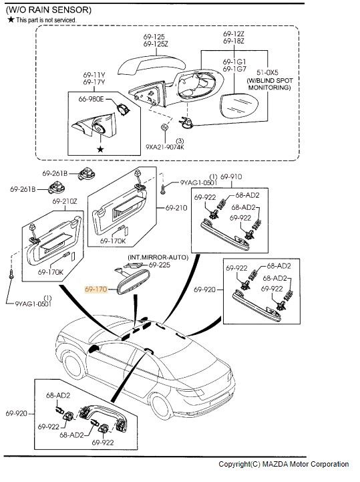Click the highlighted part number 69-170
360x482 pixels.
(x=96, y=289)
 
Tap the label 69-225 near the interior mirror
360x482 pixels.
(x=160, y=265)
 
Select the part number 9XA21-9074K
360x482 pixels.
(x=165, y=147)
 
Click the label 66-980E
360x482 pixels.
(x=92, y=99)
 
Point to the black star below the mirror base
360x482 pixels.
(x=100, y=149)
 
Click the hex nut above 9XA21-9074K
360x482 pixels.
(x=164, y=126)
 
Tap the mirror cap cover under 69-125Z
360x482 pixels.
(x=152, y=65)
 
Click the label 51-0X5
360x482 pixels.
(x=267, y=72)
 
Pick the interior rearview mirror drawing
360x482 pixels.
(x=134, y=282)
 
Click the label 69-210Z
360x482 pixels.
(x=65, y=201)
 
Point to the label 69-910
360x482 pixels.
(x=231, y=176)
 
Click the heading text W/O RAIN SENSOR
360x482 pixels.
(x=49, y=10)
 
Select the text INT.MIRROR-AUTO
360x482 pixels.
(x=158, y=257)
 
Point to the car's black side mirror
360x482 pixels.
(x=93, y=348)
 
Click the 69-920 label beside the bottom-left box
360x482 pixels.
(x=16, y=413)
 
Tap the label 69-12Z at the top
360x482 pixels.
(x=234, y=34)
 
